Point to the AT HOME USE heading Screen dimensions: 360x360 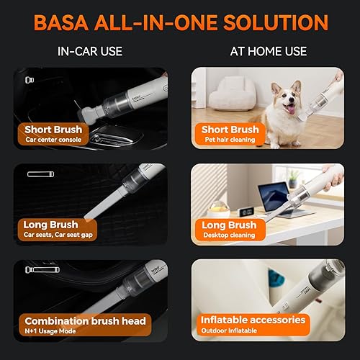[x=268, y=51]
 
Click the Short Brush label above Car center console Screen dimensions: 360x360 [x=53, y=130]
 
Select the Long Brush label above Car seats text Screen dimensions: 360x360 [x=50, y=225]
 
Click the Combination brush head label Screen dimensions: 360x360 [x=86, y=321]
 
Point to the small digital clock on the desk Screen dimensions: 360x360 [x=246, y=212]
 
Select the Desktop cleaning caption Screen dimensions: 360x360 [x=226, y=236]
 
